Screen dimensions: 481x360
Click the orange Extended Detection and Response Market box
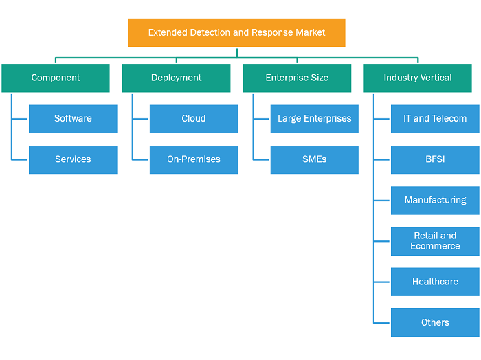[236, 32]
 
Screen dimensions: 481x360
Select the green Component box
[56, 78]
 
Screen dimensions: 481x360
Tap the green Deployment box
[176, 78]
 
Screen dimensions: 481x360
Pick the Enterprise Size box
[297, 78]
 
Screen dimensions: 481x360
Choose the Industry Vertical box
[418, 78]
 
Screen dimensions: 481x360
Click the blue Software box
[73, 119]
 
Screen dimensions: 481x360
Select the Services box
[73, 160]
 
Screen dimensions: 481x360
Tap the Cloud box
[194, 119]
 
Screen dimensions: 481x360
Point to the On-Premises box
[194, 160]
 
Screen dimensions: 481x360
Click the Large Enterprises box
[315, 119]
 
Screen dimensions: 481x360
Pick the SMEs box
[315, 160]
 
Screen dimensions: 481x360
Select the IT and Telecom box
[435, 119]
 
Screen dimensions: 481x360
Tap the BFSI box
[435, 160]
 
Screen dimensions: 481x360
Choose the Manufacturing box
[435, 201]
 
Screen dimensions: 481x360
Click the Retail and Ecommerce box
[435, 241]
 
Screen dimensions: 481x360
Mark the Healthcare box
[435, 282]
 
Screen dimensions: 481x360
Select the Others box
[435, 323]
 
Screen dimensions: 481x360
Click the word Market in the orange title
[311, 32]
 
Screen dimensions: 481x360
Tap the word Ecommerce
[435, 246]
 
